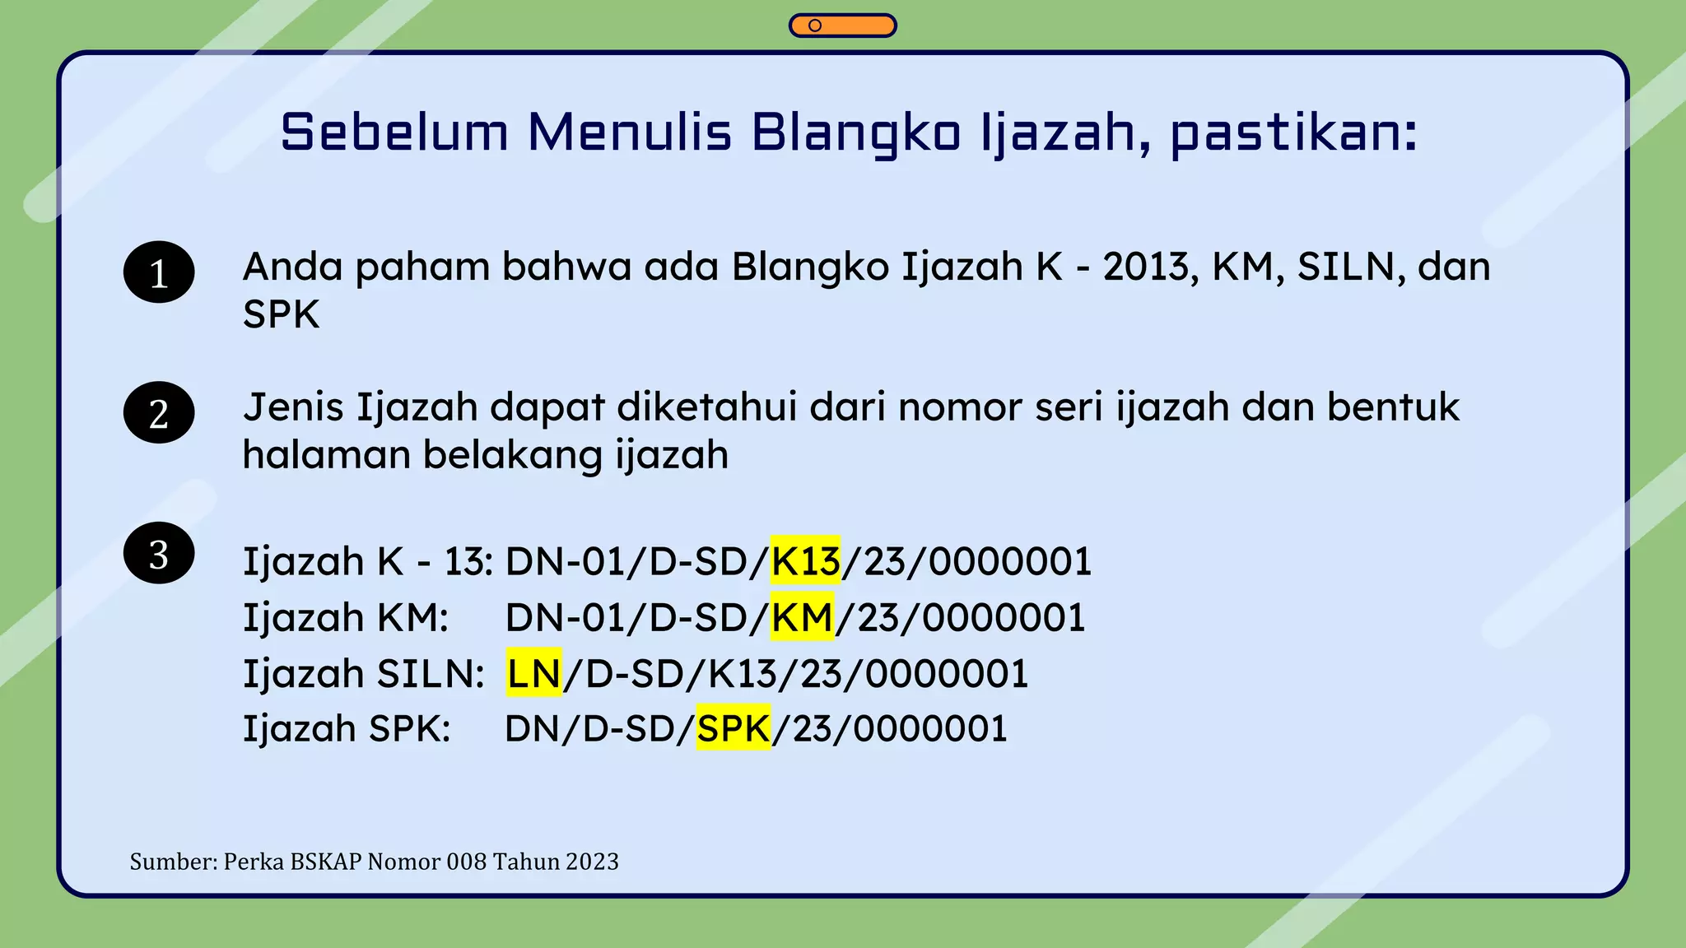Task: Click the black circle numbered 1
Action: point(159,272)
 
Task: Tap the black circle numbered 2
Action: point(159,413)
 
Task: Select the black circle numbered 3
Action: point(159,554)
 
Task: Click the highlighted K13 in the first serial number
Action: point(805,561)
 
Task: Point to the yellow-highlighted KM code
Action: point(803,617)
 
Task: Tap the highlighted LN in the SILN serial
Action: point(533,674)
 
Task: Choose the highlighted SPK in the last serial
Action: point(734,729)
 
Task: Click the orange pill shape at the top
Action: point(842,26)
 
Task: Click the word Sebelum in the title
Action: point(394,132)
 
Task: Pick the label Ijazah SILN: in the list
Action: point(363,674)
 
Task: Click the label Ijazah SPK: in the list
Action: point(347,729)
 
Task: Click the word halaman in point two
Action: point(327,455)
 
